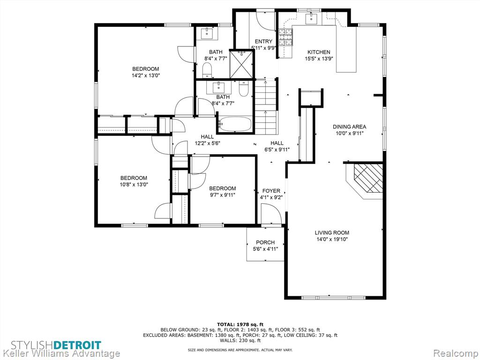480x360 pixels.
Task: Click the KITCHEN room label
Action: pyautogui.click(x=319, y=52)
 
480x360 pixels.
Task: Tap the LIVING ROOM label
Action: pyautogui.click(x=332, y=232)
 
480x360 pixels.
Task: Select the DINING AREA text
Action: pyautogui.click(x=349, y=127)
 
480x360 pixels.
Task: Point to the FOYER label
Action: pyautogui.click(x=271, y=191)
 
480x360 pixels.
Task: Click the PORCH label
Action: pyautogui.click(x=265, y=242)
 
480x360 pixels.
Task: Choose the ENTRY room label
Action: pyautogui.click(x=263, y=42)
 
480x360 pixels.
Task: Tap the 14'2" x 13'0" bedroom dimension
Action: pyautogui.click(x=145, y=75)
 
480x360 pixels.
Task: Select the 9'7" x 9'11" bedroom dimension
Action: pyautogui.click(x=222, y=195)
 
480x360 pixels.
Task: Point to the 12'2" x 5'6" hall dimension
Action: pyautogui.click(x=208, y=143)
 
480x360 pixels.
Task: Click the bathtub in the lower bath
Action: pyautogui.click(x=235, y=124)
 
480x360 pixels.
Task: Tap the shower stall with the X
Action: pyautogui.click(x=241, y=64)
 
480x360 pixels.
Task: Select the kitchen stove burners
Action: pyautogui.click(x=285, y=37)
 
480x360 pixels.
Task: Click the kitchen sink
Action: pyautogui.click(x=311, y=19)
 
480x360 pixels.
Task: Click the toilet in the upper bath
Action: pyautogui.click(x=207, y=70)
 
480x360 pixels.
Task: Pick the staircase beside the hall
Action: pyautogui.click(x=266, y=106)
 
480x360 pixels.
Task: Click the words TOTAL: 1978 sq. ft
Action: pyautogui.click(x=240, y=324)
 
